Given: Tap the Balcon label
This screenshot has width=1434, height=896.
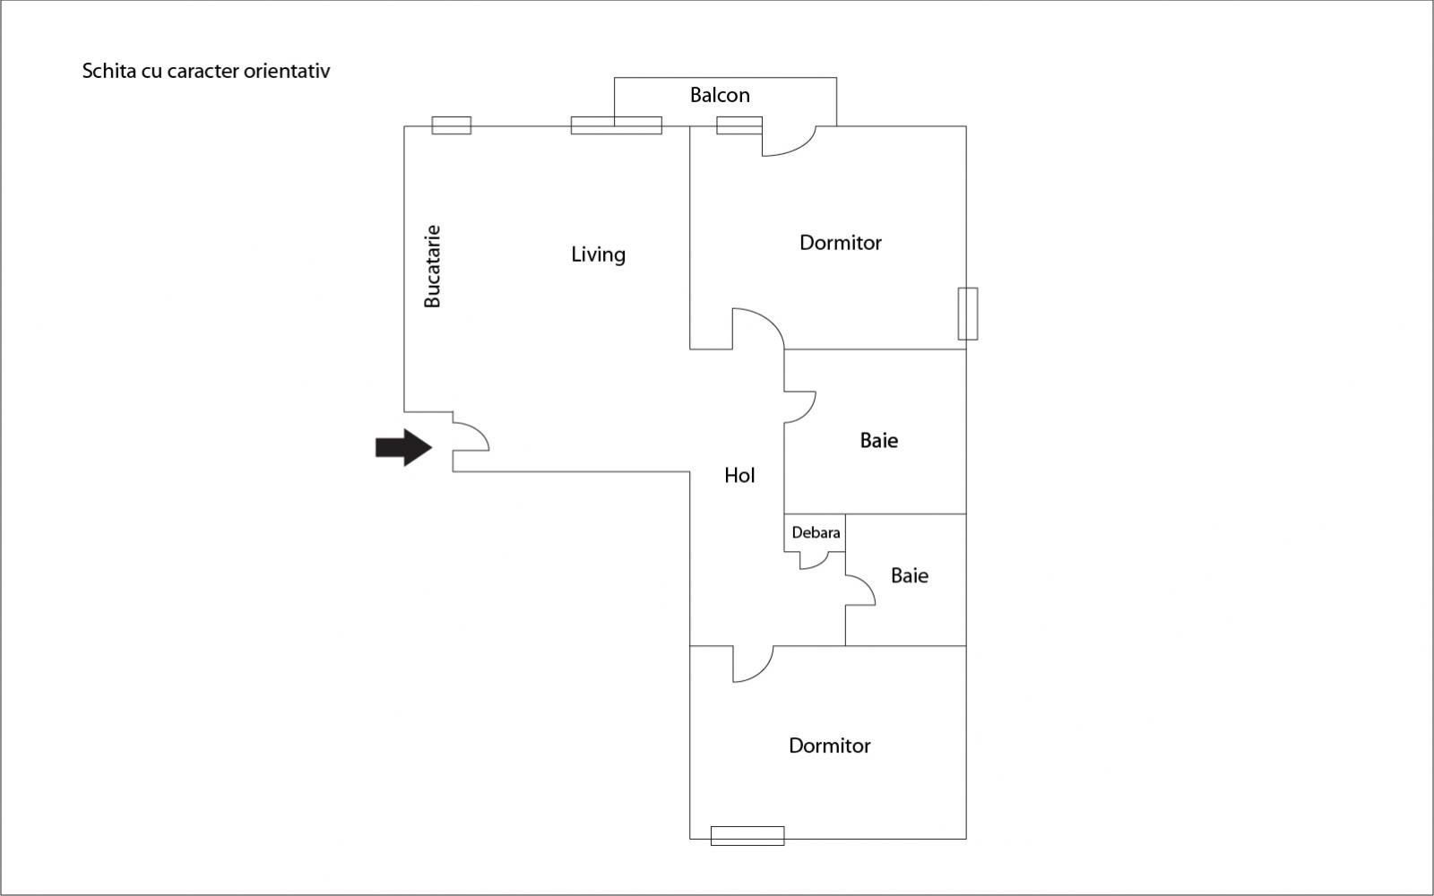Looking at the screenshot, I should pyautogui.click(x=720, y=95).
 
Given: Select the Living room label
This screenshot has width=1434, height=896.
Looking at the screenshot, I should pyautogui.click(x=598, y=254).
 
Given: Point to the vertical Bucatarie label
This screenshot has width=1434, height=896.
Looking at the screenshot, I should pyautogui.click(x=432, y=266).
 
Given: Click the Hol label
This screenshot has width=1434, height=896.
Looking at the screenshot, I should pyautogui.click(x=739, y=476).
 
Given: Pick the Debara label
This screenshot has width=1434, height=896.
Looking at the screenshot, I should pyautogui.click(x=816, y=532).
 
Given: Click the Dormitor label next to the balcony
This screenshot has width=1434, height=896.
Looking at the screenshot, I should pyautogui.click(x=840, y=243).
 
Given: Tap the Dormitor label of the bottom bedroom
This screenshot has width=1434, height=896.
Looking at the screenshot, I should pyautogui.click(x=829, y=745).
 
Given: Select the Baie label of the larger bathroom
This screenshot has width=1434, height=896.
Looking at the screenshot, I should pyautogui.click(x=878, y=440).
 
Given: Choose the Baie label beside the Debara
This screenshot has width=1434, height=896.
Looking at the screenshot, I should pyautogui.click(x=909, y=575).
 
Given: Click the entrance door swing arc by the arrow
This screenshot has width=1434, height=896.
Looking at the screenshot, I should pyautogui.click(x=472, y=435).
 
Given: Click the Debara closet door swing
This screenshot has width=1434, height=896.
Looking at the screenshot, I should pyautogui.click(x=815, y=561).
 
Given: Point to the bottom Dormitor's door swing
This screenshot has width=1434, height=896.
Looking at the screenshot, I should pyautogui.click(x=754, y=666).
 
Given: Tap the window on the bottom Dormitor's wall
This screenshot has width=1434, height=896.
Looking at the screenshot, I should pyautogui.click(x=747, y=835).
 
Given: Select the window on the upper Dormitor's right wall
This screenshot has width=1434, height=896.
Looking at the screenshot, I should pyautogui.click(x=967, y=314).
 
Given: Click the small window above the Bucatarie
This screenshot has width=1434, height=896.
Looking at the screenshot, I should pyautogui.click(x=452, y=125).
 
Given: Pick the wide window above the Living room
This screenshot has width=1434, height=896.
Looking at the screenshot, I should pyautogui.click(x=617, y=125).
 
